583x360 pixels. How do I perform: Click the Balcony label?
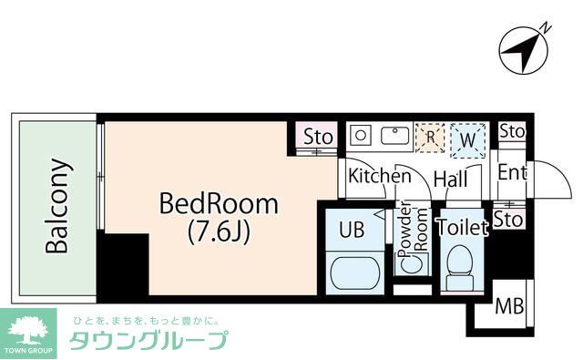click(57, 207)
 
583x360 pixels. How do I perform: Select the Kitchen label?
click(380, 176)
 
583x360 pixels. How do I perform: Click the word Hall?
click(450, 180)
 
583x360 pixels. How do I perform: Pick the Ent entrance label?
click(511, 173)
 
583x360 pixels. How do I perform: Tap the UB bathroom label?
click(352, 228)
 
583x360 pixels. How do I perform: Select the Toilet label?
click(462, 228)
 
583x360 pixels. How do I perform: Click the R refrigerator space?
click(430, 138)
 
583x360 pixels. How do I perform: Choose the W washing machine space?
click(467, 139)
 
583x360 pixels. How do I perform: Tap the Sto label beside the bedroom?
click(318, 137)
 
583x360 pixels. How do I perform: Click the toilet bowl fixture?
click(460, 264)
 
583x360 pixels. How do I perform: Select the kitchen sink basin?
click(394, 137)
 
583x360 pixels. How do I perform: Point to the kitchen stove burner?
click(361, 136)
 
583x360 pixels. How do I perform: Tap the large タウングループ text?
click(148, 342)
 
